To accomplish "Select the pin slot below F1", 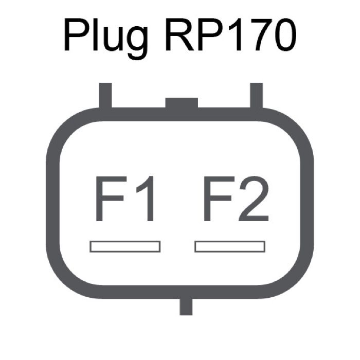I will coord(125,246).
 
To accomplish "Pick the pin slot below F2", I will coord(229,246).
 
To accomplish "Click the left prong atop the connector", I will coord(105,96).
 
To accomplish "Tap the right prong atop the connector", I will coord(256,96).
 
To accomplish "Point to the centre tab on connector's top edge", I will coord(182,103).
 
